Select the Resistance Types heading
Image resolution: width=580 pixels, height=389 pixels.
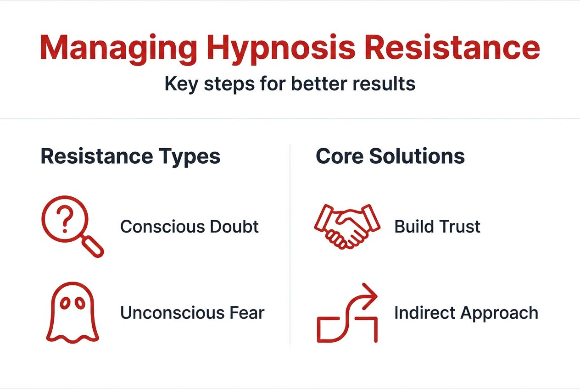130,156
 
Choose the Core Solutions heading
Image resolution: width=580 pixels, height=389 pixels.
390,156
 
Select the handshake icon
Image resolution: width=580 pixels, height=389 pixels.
347,226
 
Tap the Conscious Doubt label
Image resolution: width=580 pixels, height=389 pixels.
189,227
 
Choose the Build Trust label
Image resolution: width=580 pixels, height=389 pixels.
437,227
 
